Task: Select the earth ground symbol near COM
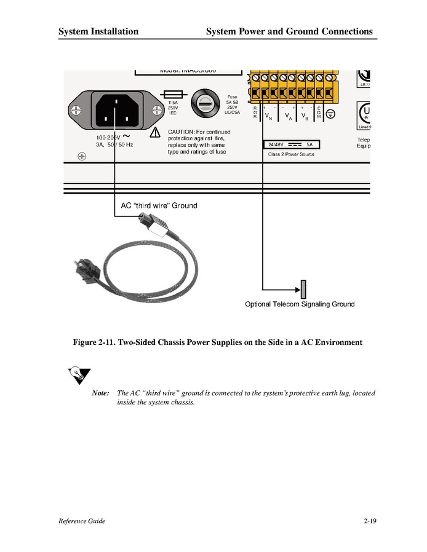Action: (x=330, y=114)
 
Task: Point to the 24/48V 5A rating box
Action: (x=291, y=144)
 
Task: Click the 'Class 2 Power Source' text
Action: (x=291, y=154)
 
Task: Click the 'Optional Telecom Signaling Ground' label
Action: (x=300, y=304)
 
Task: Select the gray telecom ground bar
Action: (x=303, y=288)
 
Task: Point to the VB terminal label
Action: (x=305, y=116)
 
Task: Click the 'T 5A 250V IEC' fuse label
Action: (x=173, y=108)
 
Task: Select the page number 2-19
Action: (x=369, y=521)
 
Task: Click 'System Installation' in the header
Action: (x=98, y=31)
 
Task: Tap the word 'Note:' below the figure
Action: (x=100, y=393)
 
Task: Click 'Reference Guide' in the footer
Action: (x=82, y=521)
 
